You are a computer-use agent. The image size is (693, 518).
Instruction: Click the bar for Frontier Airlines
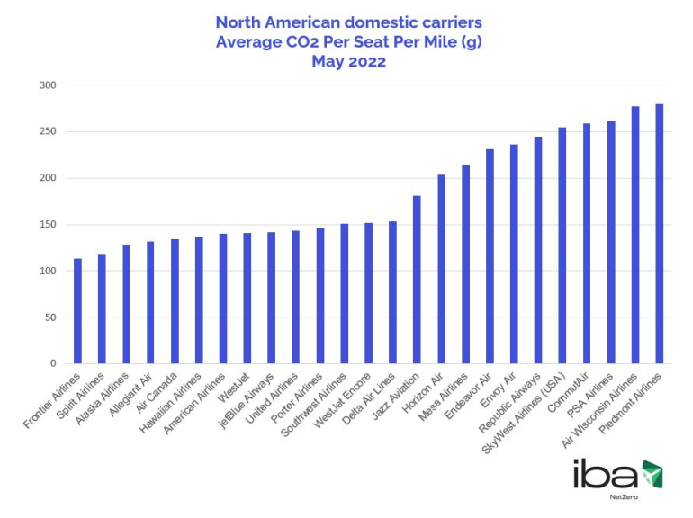point(78,311)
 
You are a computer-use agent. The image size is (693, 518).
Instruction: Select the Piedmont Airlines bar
point(660,234)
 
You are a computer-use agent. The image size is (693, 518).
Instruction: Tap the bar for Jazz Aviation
point(417,280)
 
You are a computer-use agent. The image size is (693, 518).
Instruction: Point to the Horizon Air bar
point(441,269)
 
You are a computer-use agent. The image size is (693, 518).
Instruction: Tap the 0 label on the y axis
point(53,364)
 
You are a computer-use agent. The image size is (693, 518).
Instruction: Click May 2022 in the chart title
point(348,62)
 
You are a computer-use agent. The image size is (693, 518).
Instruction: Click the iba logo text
point(606,474)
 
